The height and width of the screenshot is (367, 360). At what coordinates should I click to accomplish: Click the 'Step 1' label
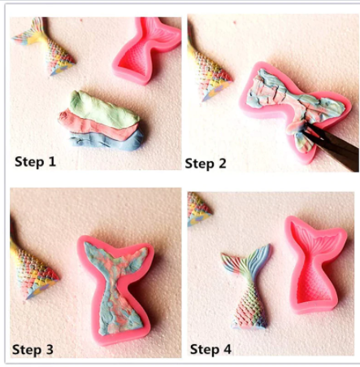[x=35, y=162]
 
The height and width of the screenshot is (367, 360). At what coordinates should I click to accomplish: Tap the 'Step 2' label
[x=206, y=164]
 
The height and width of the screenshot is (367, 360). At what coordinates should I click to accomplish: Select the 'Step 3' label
[x=33, y=350]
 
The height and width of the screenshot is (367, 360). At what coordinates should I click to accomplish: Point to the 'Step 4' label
[x=210, y=349]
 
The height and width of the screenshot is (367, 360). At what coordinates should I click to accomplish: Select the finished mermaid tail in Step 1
[x=46, y=46]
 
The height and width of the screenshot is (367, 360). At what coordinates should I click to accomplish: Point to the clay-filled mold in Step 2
[x=294, y=108]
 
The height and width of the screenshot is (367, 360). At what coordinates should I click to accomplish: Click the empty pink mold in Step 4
[x=315, y=264]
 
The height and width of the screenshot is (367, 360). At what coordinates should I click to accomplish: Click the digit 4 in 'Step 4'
[x=227, y=349]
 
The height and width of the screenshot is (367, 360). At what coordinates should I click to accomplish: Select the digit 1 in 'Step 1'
[x=51, y=162]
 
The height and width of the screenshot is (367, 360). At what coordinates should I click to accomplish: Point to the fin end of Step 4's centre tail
[x=246, y=258]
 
